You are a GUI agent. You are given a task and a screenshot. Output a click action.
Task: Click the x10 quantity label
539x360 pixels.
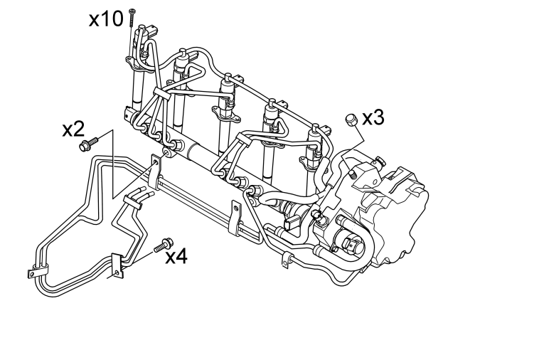pos(106,19)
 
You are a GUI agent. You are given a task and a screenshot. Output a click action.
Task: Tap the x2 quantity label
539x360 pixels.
pos(73,129)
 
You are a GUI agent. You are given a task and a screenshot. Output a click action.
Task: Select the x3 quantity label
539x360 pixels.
pos(373,118)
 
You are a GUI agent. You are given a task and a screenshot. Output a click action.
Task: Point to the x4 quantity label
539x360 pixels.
pos(176,257)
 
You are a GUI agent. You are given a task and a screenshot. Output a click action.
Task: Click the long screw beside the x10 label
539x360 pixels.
pos(132,18)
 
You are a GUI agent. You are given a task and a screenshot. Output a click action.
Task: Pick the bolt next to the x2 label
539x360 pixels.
pos(88,144)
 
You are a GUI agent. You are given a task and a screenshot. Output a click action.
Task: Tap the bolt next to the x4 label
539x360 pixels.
pos(164,245)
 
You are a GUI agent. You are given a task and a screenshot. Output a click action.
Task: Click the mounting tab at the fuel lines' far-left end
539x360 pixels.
pos(32,273)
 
